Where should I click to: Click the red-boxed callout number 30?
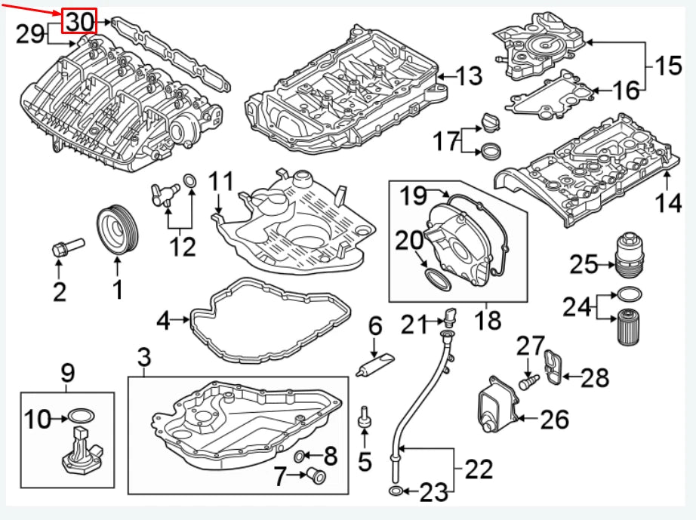pyautogui.click(x=79, y=23)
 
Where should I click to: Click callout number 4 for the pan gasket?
pyautogui.click(x=163, y=322)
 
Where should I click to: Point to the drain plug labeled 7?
pyautogui.click(x=313, y=475)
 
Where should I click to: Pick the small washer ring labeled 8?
pyautogui.click(x=300, y=455)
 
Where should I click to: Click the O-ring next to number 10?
pyautogui.click(x=82, y=414)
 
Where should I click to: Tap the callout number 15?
pyautogui.click(x=668, y=66)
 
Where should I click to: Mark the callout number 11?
pyautogui.click(x=222, y=183)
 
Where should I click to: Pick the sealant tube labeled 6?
pyautogui.click(x=375, y=365)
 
